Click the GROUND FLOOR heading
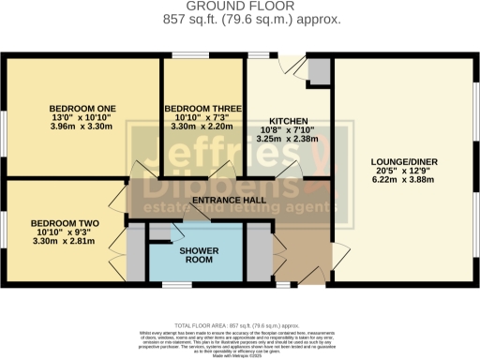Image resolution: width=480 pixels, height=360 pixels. (240, 7)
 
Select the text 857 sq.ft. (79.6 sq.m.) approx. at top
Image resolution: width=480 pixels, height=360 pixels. (240, 19)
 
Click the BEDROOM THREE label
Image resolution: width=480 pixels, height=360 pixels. (201, 108)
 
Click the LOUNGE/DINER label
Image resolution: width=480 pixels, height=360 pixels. (403, 161)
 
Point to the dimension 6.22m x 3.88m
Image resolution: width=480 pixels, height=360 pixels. (403, 180)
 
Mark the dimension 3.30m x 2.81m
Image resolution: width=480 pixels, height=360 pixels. (61, 240)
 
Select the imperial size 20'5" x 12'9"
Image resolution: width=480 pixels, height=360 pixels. (403, 171)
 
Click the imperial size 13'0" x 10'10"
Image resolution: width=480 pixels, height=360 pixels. (79, 117)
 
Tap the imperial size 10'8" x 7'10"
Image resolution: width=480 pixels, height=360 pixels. (286, 131)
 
